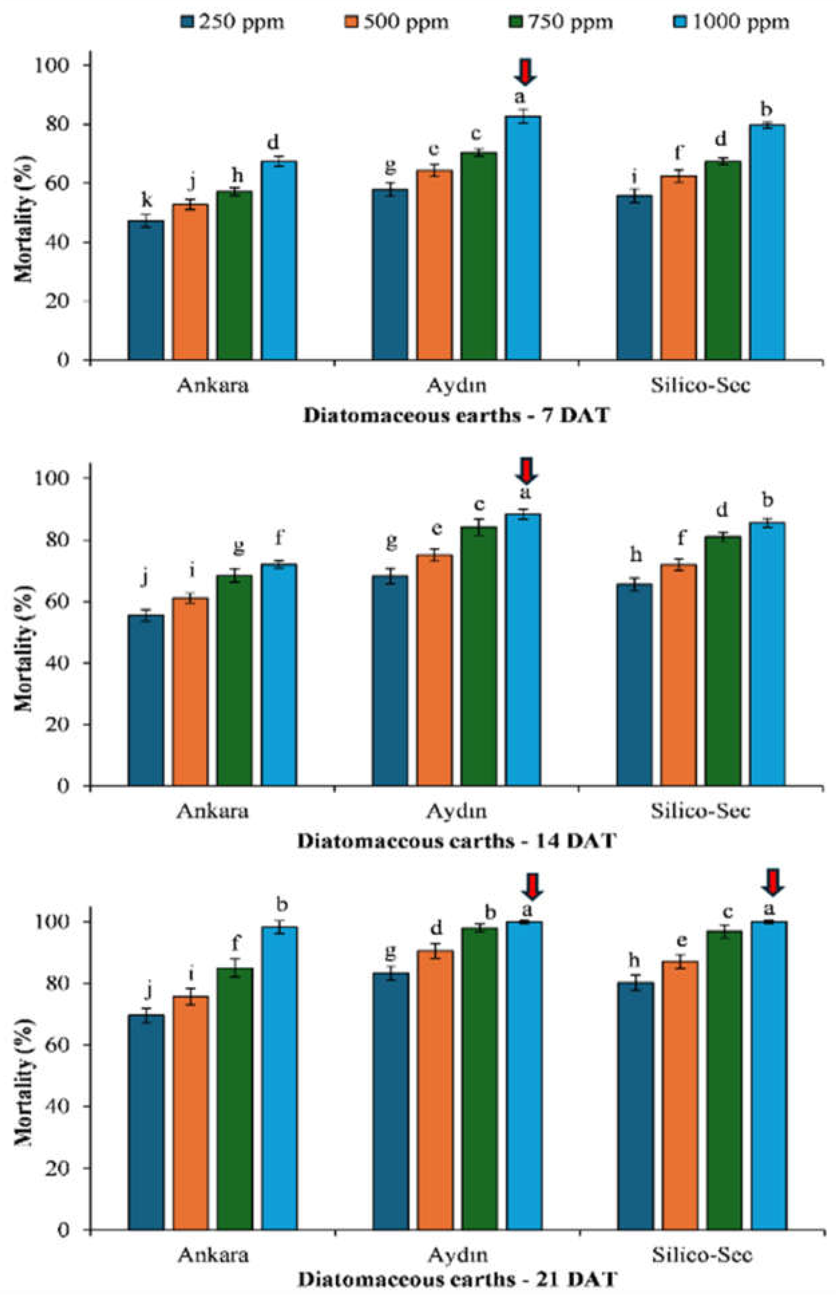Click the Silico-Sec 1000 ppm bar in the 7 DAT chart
point(768,243)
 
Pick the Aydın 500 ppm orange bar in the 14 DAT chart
point(434,670)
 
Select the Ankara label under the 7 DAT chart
point(213,385)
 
